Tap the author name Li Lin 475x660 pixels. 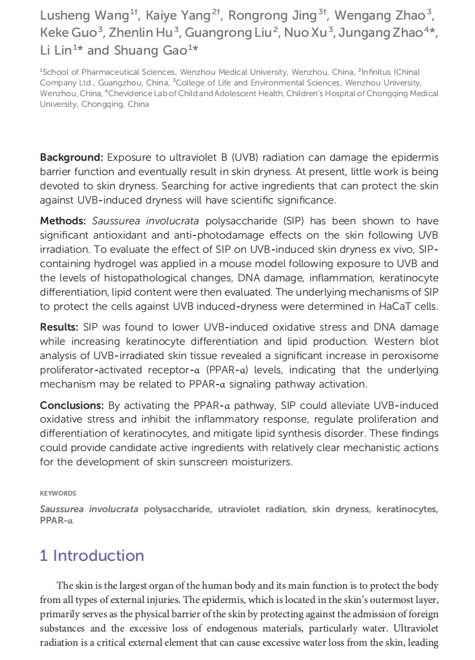tap(55, 50)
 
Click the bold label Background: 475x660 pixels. tap(71, 157)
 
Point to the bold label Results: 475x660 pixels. tap(59, 327)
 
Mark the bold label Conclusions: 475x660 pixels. tap(71, 405)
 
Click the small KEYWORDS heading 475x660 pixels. tap(58, 493)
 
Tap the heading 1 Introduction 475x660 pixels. tap(92, 556)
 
